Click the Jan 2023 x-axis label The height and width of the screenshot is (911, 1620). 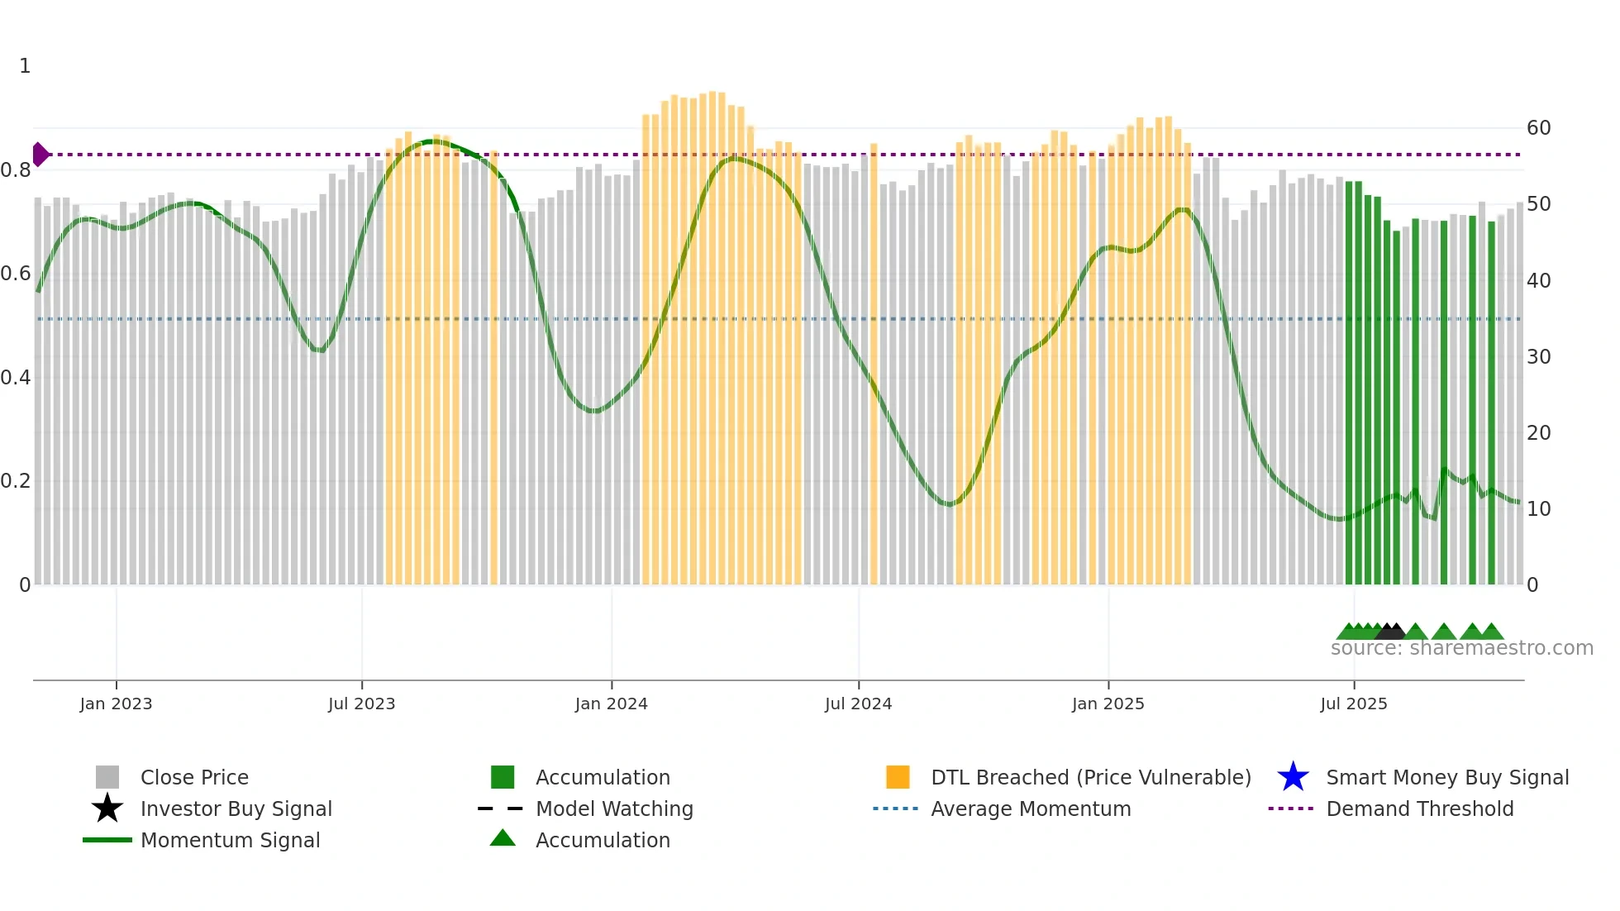(x=116, y=704)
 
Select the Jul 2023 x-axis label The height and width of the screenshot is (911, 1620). (x=361, y=704)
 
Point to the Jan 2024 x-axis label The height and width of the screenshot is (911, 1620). (x=611, y=704)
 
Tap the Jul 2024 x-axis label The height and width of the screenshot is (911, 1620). (x=858, y=704)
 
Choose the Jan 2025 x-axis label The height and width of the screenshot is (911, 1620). (x=1108, y=704)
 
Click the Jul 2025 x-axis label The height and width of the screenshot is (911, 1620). (x=1353, y=704)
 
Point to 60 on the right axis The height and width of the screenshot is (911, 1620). (x=1538, y=128)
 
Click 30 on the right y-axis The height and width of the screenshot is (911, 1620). (x=1538, y=357)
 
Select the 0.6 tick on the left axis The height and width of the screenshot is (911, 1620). (x=16, y=274)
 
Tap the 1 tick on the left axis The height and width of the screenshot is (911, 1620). (x=25, y=66)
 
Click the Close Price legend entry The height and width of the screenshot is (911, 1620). (x=194, y=777)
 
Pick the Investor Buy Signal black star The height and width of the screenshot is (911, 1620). (x=107, y=808)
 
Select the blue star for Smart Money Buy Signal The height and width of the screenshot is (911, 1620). (x=1293, y=777)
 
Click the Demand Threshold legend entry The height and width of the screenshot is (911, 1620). (x=1419, y=808)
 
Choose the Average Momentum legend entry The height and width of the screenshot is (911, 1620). (x=1030, y=808)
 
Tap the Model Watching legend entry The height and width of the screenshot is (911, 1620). (x=613, y=808)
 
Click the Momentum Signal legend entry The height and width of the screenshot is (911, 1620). (x=230, y=840)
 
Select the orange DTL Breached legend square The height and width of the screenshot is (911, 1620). (x=898, y=777)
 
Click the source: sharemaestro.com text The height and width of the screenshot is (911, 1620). (x=1461, y=648)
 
